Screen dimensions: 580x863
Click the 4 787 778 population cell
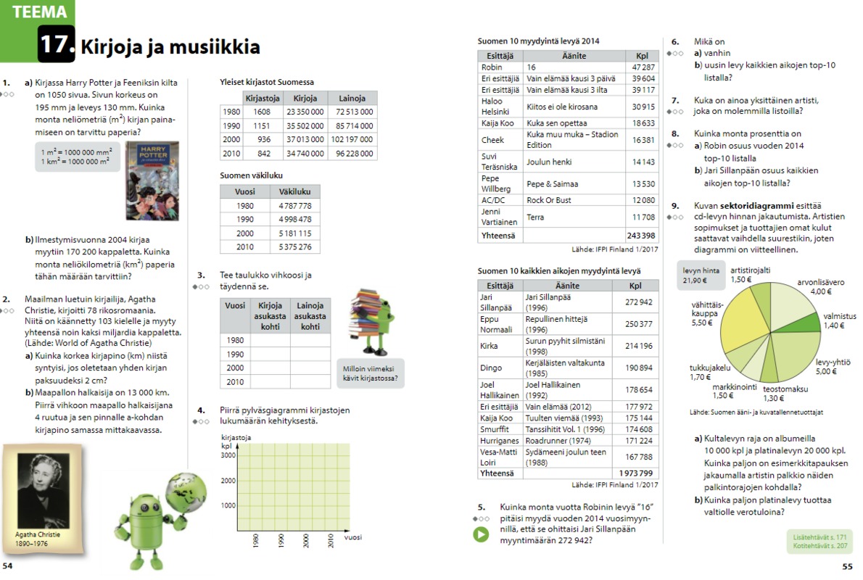(294, 206)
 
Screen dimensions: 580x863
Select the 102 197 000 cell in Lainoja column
(352, 139)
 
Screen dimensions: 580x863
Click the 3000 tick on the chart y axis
(228, 455)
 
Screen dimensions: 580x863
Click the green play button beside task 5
(480, 535)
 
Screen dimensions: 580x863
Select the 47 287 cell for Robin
(643, 67)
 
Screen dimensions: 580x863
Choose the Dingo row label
(490, 368)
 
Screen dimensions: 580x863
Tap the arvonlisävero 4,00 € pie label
(820, 286)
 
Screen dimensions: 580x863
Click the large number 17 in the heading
(56, 45)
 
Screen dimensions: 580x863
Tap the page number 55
(846, 566)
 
